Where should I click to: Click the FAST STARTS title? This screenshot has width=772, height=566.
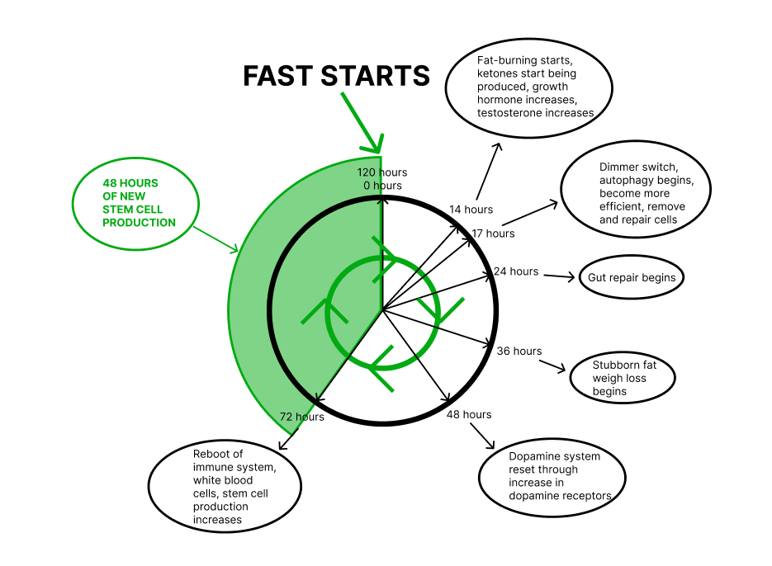point(336,76)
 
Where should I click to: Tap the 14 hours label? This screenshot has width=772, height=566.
point(471,210)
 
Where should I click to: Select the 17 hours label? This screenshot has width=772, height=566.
point(493,233)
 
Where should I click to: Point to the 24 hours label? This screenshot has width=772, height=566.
point(516,271)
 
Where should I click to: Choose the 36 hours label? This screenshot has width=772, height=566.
point(519,351)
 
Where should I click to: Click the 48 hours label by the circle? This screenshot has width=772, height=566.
point(468,414)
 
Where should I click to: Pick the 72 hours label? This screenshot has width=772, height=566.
point(301,417)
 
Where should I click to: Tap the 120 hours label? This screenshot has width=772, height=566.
point(382,172)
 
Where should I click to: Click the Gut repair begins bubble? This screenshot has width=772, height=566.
point(632,277)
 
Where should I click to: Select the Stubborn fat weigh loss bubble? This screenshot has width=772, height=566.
point(623,378)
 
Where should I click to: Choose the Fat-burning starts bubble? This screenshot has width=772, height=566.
point(528,87)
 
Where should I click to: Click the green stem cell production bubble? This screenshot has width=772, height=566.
point(137,203)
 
